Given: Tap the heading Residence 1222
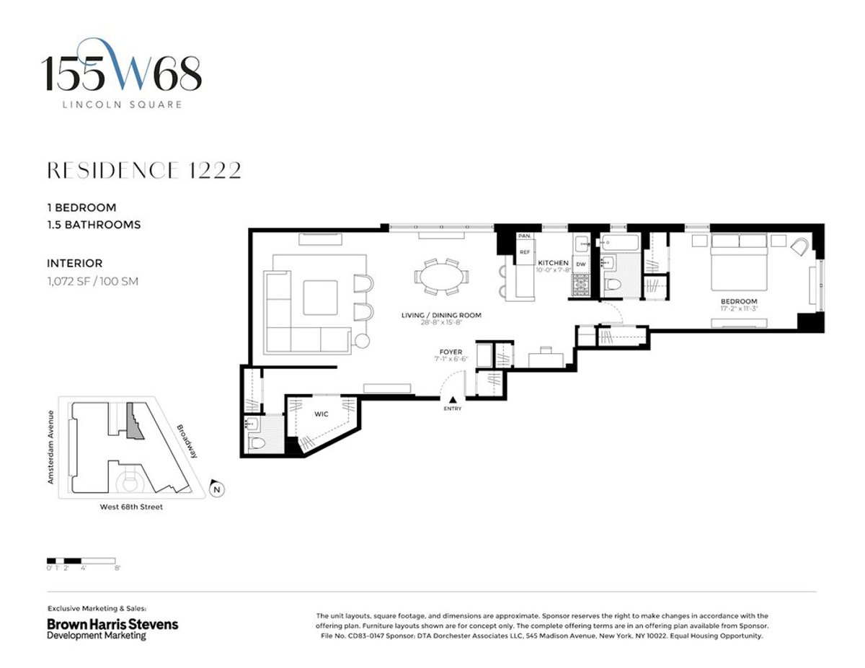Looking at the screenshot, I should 144,170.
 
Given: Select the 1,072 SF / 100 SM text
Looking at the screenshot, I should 92,281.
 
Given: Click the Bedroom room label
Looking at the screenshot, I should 739,301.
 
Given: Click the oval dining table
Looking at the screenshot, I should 440,276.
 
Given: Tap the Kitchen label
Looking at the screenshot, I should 554,263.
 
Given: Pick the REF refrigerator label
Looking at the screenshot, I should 525,252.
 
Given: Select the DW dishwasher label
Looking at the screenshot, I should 580,264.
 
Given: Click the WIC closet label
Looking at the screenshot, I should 321,415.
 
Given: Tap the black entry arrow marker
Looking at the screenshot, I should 453,400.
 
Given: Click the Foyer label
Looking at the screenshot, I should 448,352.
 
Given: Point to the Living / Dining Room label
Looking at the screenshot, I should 441,316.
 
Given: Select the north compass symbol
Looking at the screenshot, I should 215,489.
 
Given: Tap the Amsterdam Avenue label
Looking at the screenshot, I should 51,447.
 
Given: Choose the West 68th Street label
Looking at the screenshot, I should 130,507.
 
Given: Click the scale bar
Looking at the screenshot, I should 81,560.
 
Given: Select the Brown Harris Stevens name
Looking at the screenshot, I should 112,624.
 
